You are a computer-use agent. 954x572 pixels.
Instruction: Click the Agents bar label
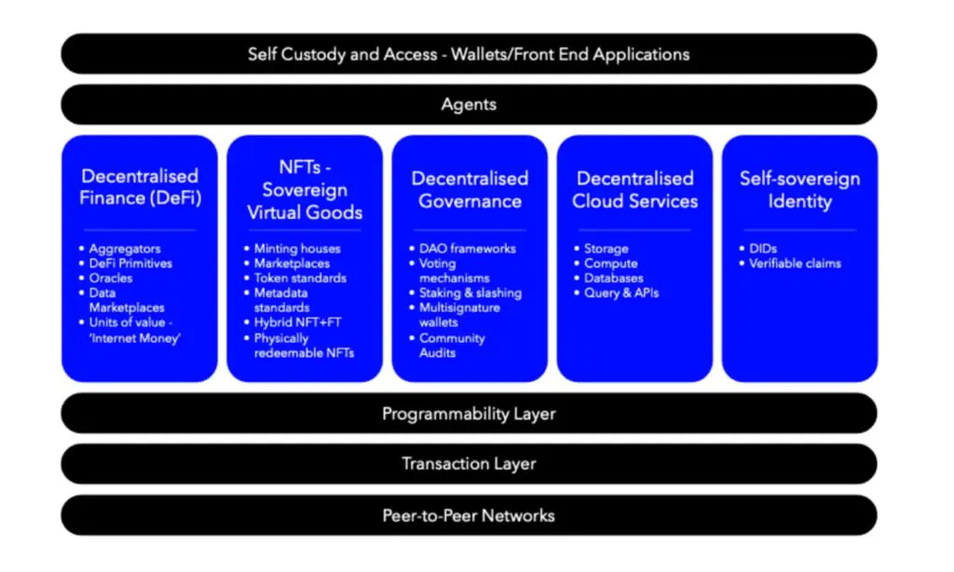[x=469, y=104]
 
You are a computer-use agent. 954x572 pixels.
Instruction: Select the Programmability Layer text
[x=469, y=414]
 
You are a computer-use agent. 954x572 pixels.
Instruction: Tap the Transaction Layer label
[x=469, y=464]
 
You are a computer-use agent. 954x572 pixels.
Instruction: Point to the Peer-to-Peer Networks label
[x=469, y=515]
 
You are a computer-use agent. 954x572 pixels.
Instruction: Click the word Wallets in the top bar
[x=481, y=54]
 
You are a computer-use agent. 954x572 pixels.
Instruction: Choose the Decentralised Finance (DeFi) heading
[x=140, y=187]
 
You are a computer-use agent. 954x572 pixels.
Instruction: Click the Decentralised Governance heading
[x=470, y=189]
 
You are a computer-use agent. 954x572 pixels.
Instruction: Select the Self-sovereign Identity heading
[x=799, y=189]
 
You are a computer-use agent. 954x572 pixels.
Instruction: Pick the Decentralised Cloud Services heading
[x=634, y=189]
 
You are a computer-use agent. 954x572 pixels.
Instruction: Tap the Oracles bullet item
[x=110, y=279]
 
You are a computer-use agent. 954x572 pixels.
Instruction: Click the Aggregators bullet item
[x=125, y=249]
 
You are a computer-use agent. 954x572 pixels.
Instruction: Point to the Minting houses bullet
[x=297, y=249]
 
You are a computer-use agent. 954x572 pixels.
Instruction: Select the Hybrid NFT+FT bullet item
[x=297, y=322]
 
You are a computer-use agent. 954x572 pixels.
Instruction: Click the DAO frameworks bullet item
[x=468, y=249]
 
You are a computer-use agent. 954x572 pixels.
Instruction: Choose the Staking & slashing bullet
[x=470, y=293]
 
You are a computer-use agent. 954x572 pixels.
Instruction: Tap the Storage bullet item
[x=606, y=249]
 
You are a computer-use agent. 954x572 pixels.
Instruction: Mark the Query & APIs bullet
[x=621, y=293]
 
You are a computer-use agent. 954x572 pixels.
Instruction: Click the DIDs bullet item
[x=763, y=249]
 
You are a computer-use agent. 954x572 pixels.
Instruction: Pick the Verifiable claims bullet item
[x=795, y=264]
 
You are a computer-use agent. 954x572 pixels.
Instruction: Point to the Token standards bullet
[x=300, y=279]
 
